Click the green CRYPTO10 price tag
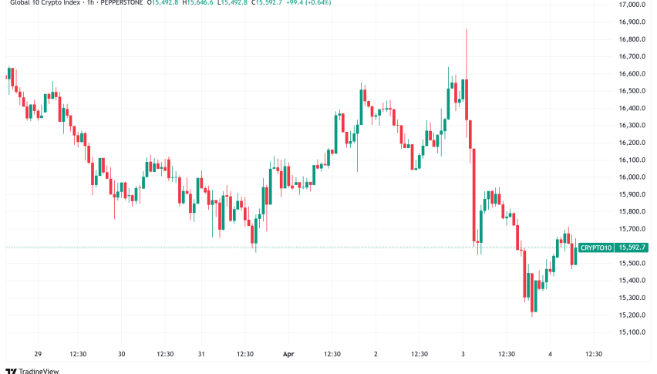click(597, 248)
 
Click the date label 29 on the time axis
click(37, 354)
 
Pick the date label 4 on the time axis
click(550, 354)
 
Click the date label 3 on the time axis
click(463, 354)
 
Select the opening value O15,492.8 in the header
click(165, 3)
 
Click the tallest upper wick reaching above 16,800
click(467, 39)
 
